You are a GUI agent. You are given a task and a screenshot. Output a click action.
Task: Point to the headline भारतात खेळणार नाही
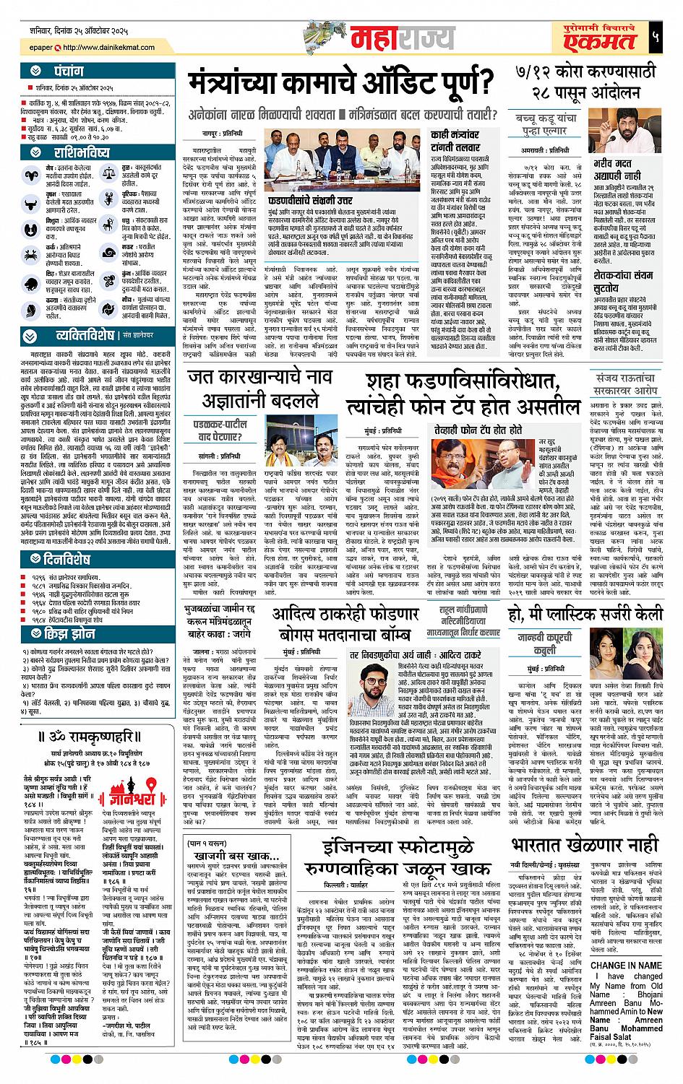coord(585,844)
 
